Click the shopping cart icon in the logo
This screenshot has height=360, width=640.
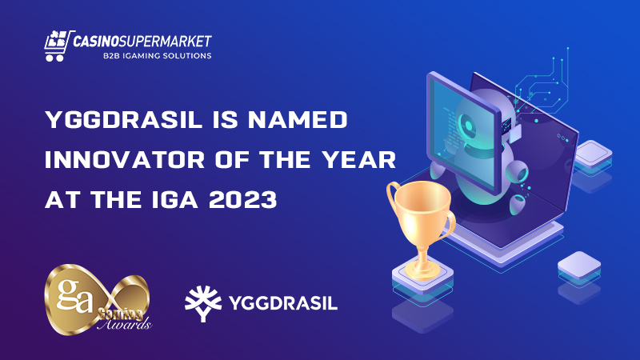tap(58, 46)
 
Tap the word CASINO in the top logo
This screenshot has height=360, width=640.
tap(96, 41)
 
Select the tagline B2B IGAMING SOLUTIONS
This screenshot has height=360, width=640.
tap(157, 56)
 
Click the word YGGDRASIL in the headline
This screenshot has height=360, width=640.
tap(124, 120)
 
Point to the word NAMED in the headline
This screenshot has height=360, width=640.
tap(298, 120)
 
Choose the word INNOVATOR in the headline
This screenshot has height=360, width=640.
tap(125, 159)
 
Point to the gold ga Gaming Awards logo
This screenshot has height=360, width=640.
tap(98, 299)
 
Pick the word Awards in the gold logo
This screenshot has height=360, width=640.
tap(125, 324)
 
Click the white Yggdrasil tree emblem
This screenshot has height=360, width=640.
tap(203, 303)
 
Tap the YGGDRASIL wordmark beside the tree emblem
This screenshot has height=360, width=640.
tap(283, 303)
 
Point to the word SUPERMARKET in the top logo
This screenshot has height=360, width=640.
tap(166, 41)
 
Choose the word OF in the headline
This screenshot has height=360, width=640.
tap(232, 159)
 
